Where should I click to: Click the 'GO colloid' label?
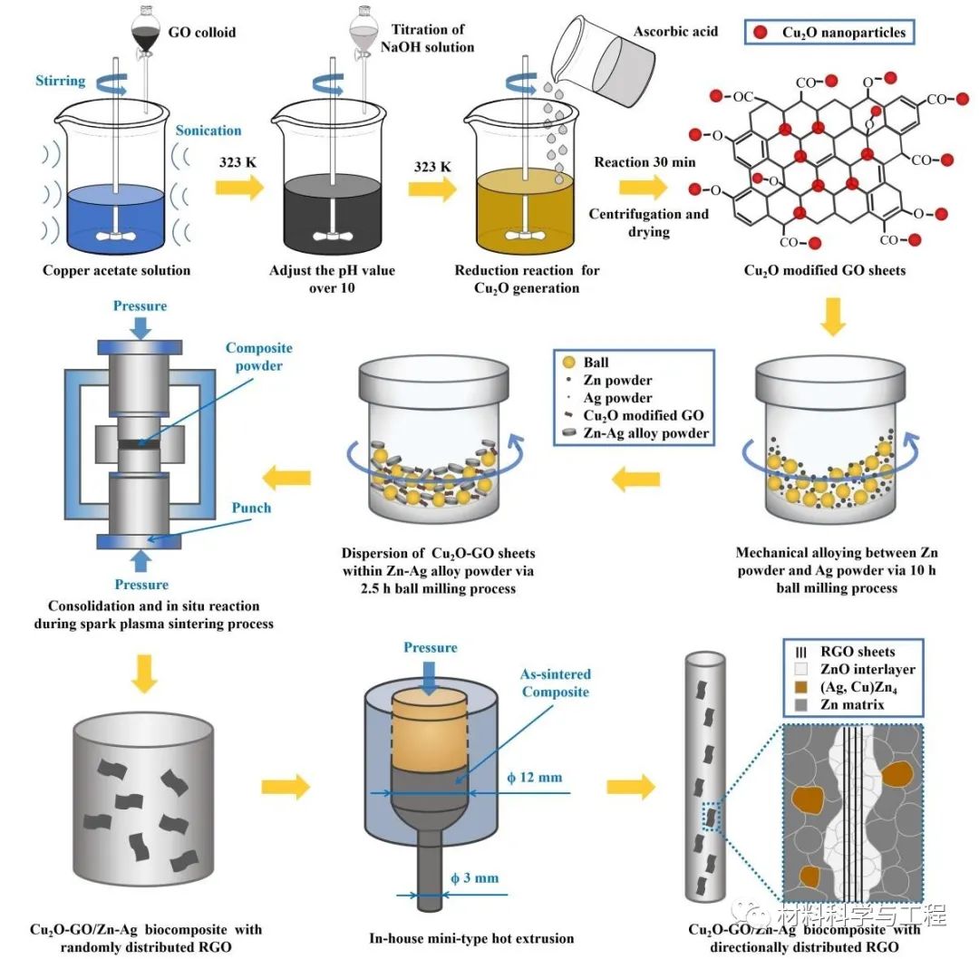[x=201, y=33]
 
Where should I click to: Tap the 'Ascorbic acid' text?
[x=674, y=32]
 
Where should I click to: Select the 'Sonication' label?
[x=208, y=131]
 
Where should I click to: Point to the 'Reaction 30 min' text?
[x=644, y=162]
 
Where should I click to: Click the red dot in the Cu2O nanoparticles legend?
[x=761, y=34]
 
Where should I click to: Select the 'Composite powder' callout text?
[x=260, y=356]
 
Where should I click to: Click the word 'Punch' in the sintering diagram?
[x=250, y=508]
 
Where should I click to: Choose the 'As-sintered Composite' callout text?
[x=555, y=683]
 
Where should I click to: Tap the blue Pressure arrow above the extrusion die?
[x=431, y=672]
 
